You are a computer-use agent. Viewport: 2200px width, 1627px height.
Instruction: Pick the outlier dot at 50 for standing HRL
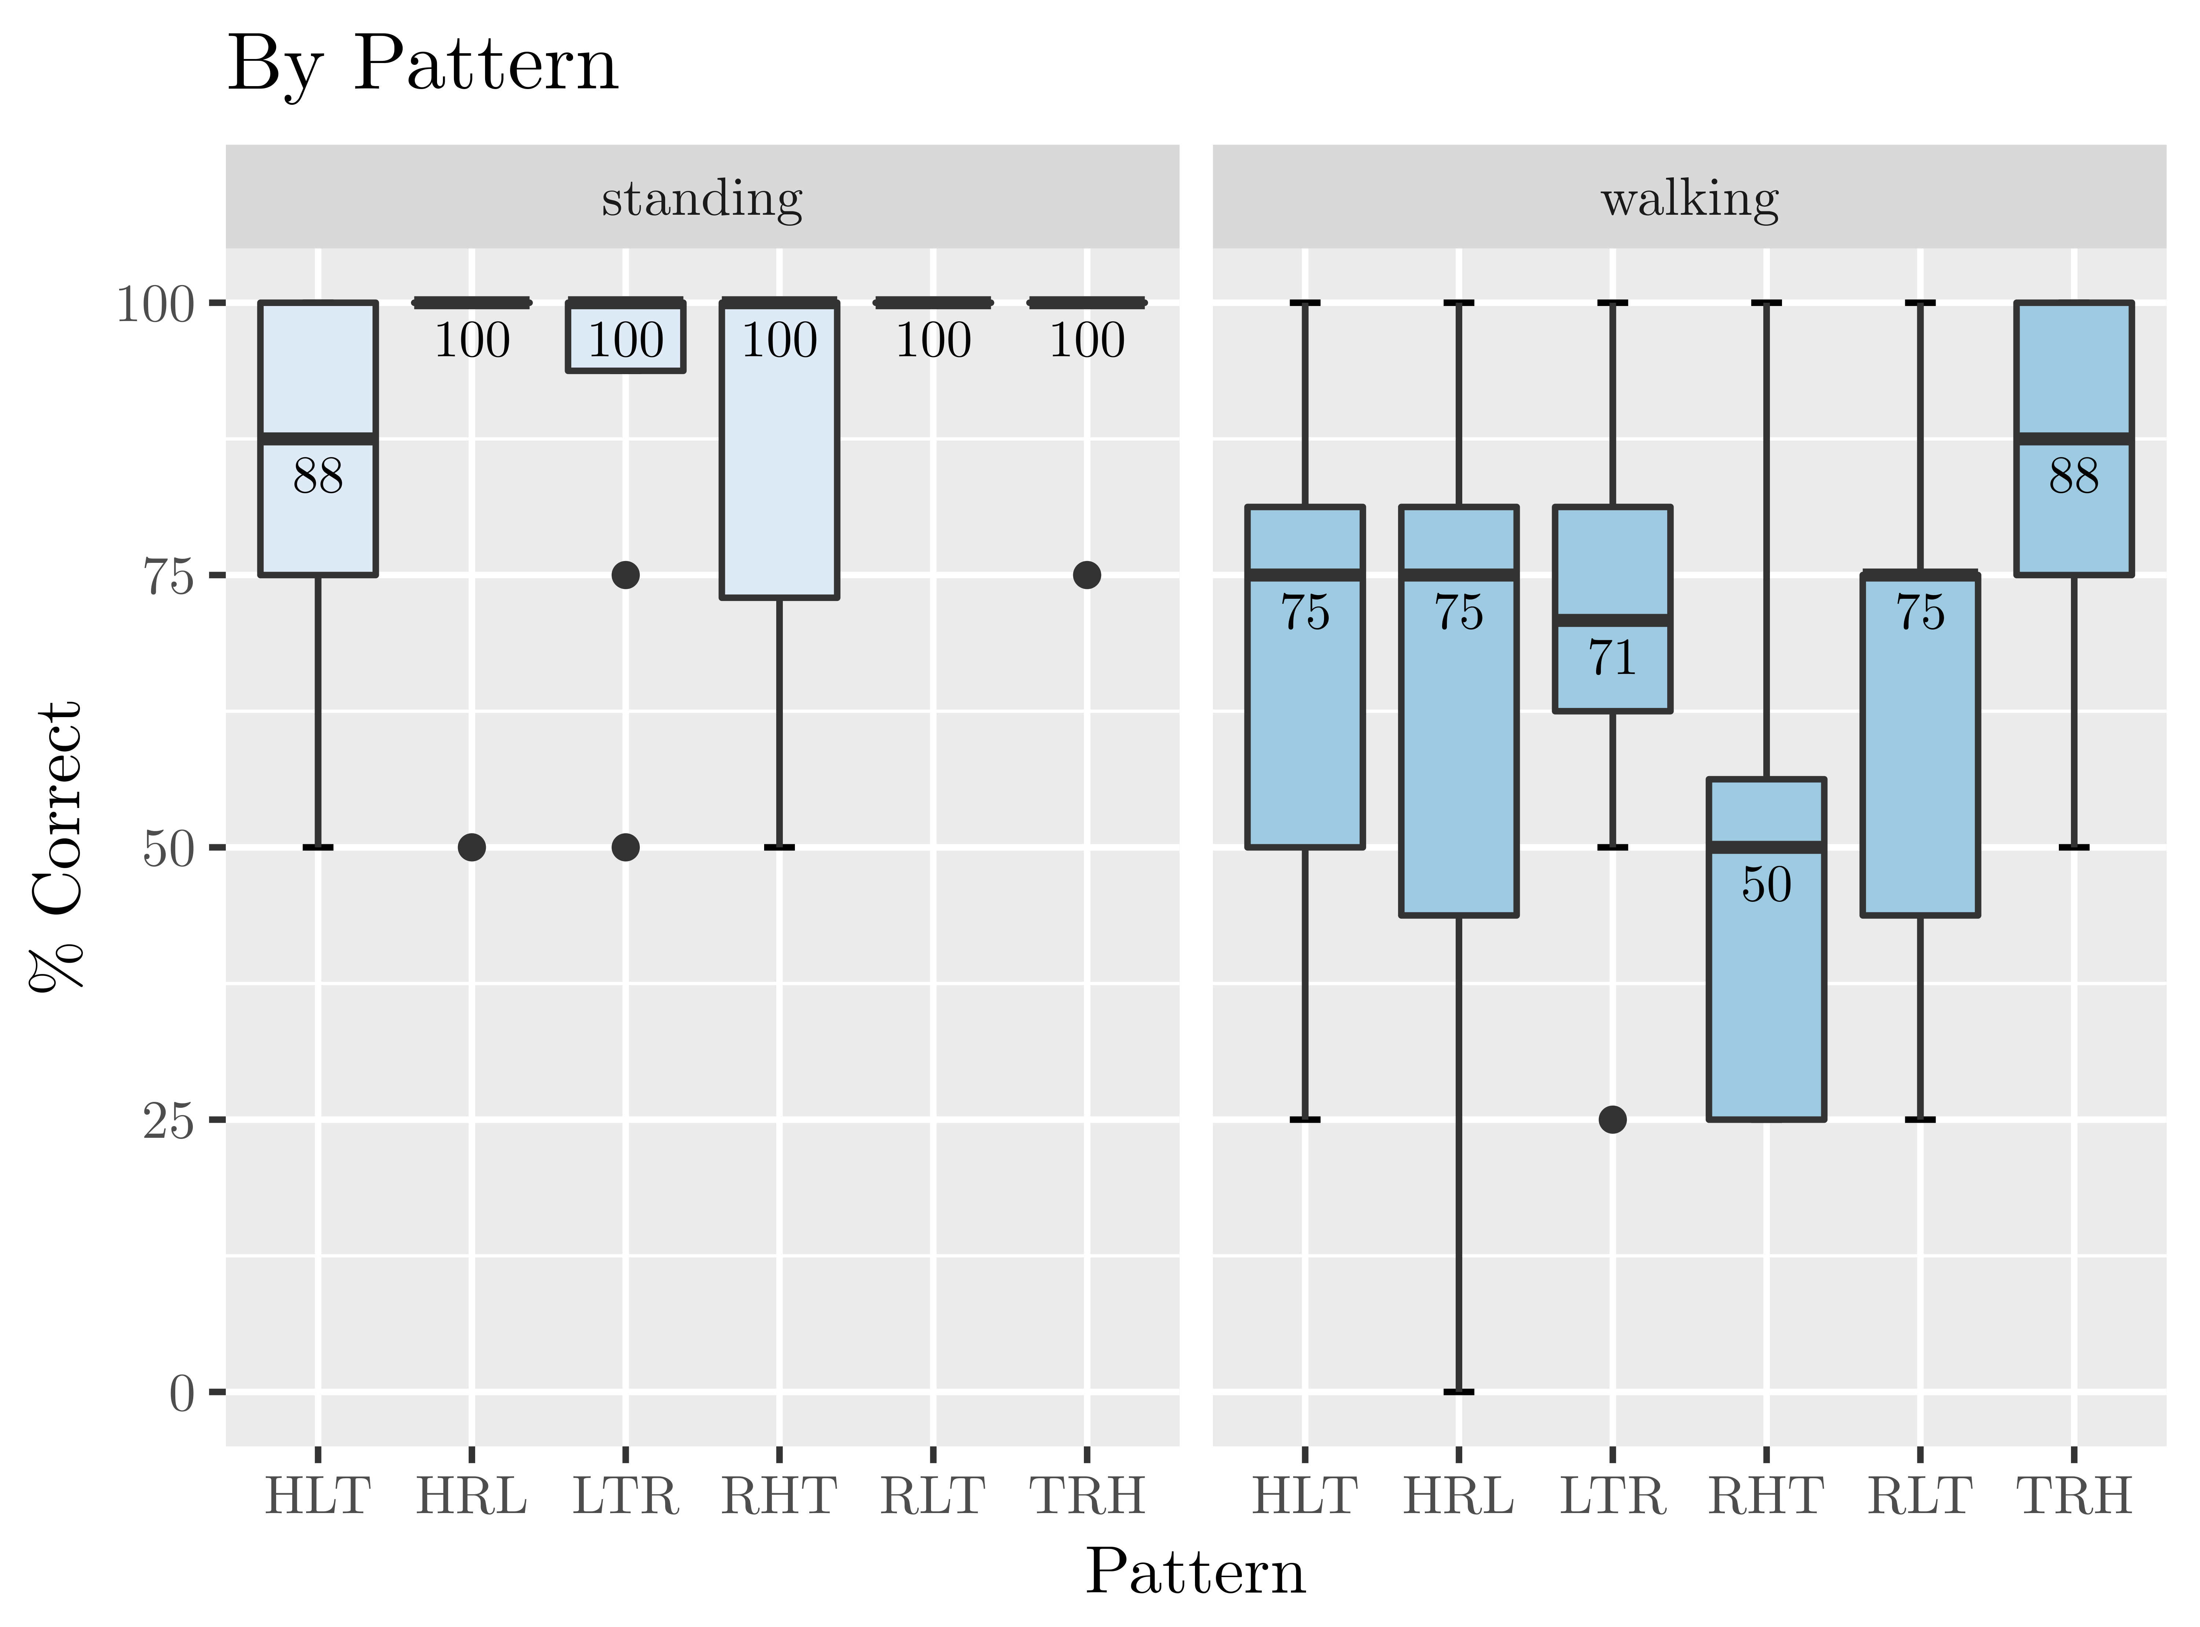(472, 847)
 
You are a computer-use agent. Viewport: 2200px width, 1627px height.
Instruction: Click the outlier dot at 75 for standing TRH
(1087, 575)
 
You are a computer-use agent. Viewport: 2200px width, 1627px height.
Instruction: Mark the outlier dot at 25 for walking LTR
(1613, 1120)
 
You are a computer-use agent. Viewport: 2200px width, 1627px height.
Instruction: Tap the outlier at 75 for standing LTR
(626, 575)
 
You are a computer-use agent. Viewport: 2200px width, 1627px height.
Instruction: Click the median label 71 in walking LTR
(1613, 658)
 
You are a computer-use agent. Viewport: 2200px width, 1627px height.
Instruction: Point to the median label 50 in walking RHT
(1767, 885)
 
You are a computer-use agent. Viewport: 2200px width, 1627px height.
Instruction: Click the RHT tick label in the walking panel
(1767, 1497)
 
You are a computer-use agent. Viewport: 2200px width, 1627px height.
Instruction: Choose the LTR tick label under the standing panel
(626, 1497)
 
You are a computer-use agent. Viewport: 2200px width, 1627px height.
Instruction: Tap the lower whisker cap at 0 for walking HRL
(1459, 1392)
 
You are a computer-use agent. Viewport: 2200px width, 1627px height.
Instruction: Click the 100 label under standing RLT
(933, 341)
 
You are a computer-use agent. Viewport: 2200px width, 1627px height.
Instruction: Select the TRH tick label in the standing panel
(1087, 1497)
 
